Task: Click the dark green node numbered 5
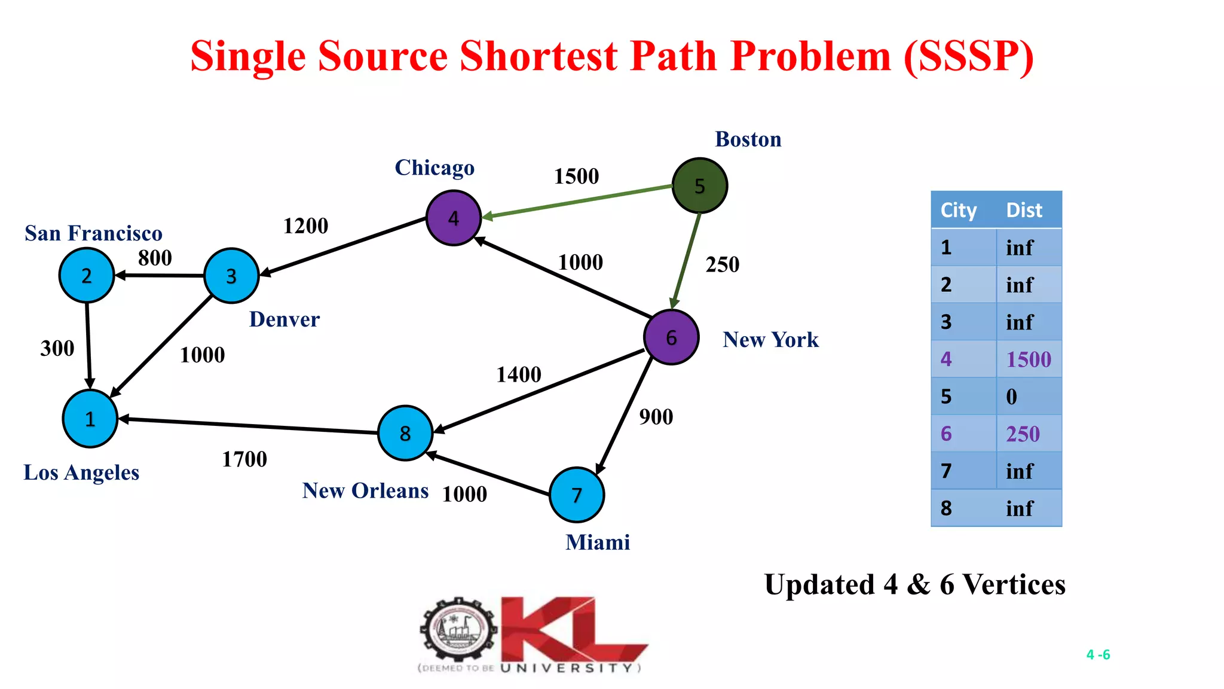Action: tap(699, 185)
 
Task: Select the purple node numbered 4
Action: tap(454, 218)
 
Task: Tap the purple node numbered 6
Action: tap(671, 337)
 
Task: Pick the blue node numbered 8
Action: tap(405, 433)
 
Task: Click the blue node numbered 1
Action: tap(90, 419)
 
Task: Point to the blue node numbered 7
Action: tap(576, 495)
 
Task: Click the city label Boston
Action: tap(748, 139)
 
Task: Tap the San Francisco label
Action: tap(93, 233)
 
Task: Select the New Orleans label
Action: tap(365, 490)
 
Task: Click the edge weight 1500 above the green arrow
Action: tap(576, 176)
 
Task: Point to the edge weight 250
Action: tap(722, 264)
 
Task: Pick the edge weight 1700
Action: tap(244, 459)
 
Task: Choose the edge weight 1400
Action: tap(519, 375)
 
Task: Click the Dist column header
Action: tap(1024, 210)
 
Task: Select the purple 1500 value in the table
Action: tap(1028, 359)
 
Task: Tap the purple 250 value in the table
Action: tap(1023, 434)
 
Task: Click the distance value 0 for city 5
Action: tap(1011, 397)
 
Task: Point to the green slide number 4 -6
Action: tap(1098, 654)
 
